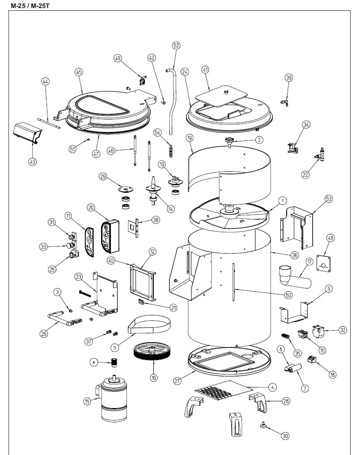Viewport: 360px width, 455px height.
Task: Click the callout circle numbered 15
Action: (x=87, y=401)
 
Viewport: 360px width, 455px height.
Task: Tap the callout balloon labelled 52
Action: (x=176, y=45)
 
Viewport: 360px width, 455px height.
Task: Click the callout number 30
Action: (x=285, y=435)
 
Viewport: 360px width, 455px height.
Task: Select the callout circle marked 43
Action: (x=32, y=162)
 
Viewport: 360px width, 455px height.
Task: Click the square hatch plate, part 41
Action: (x=222, y=95)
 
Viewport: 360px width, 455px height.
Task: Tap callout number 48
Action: (x=331, y=238)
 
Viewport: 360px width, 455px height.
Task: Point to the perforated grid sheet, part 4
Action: (x=221, y=390)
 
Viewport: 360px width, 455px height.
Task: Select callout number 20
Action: (x=91, y=208)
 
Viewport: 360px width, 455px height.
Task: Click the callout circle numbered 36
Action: (x=294, y=255)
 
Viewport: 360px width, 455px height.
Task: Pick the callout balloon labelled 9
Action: (x=329, y=289)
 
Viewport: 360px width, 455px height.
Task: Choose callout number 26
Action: (x=43, y=333)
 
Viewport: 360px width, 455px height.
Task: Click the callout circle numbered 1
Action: (x=283, y=200)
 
